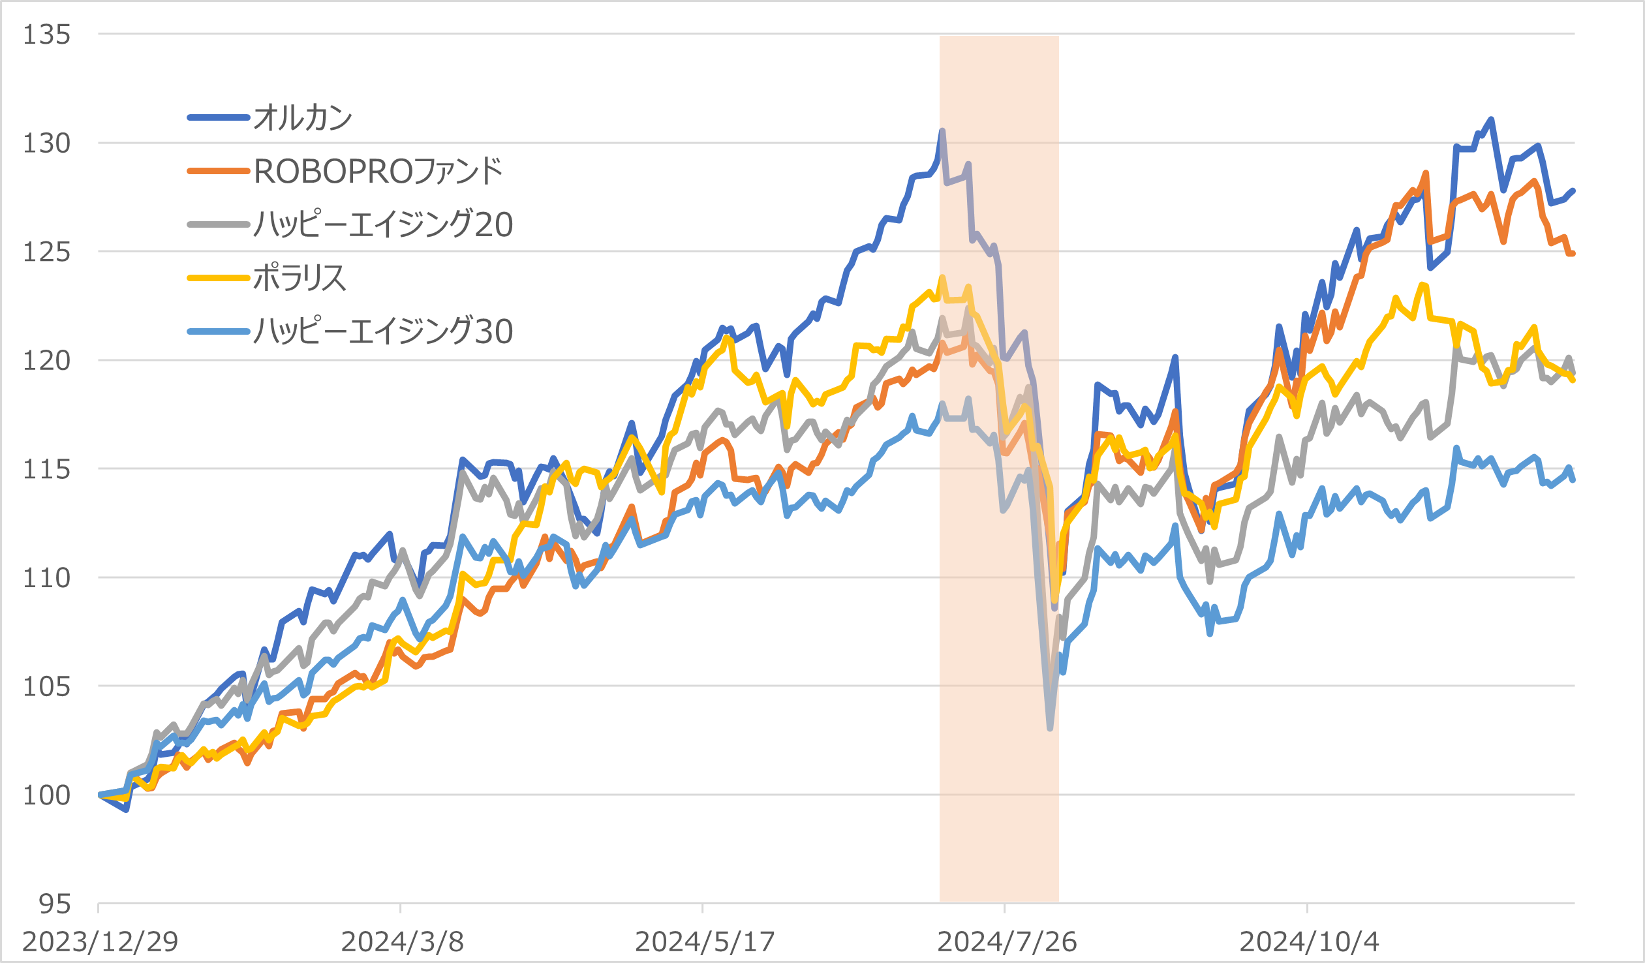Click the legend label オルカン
coord(302,118)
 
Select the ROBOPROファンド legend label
coord(378,172)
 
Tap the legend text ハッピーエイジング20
coord(383,224)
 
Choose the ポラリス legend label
coord(299,278)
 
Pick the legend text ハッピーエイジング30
coord(383,331)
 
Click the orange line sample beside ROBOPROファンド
coord(219,172)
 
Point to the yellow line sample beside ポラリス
coord(219,278)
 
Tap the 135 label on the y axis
coord(46,35)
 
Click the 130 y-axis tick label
coord(46,143)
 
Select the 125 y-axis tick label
coord(46,252)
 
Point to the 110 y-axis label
coord(46,578)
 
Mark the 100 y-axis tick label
coord(46,795)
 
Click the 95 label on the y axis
coord(54,904)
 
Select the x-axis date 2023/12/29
coord(100,941)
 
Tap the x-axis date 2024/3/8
coord(402,941)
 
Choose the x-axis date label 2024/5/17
coord(704,941)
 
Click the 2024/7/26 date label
coord(1007,941)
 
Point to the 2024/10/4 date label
coord(1309,941)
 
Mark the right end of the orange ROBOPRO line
coord(1573,253)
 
